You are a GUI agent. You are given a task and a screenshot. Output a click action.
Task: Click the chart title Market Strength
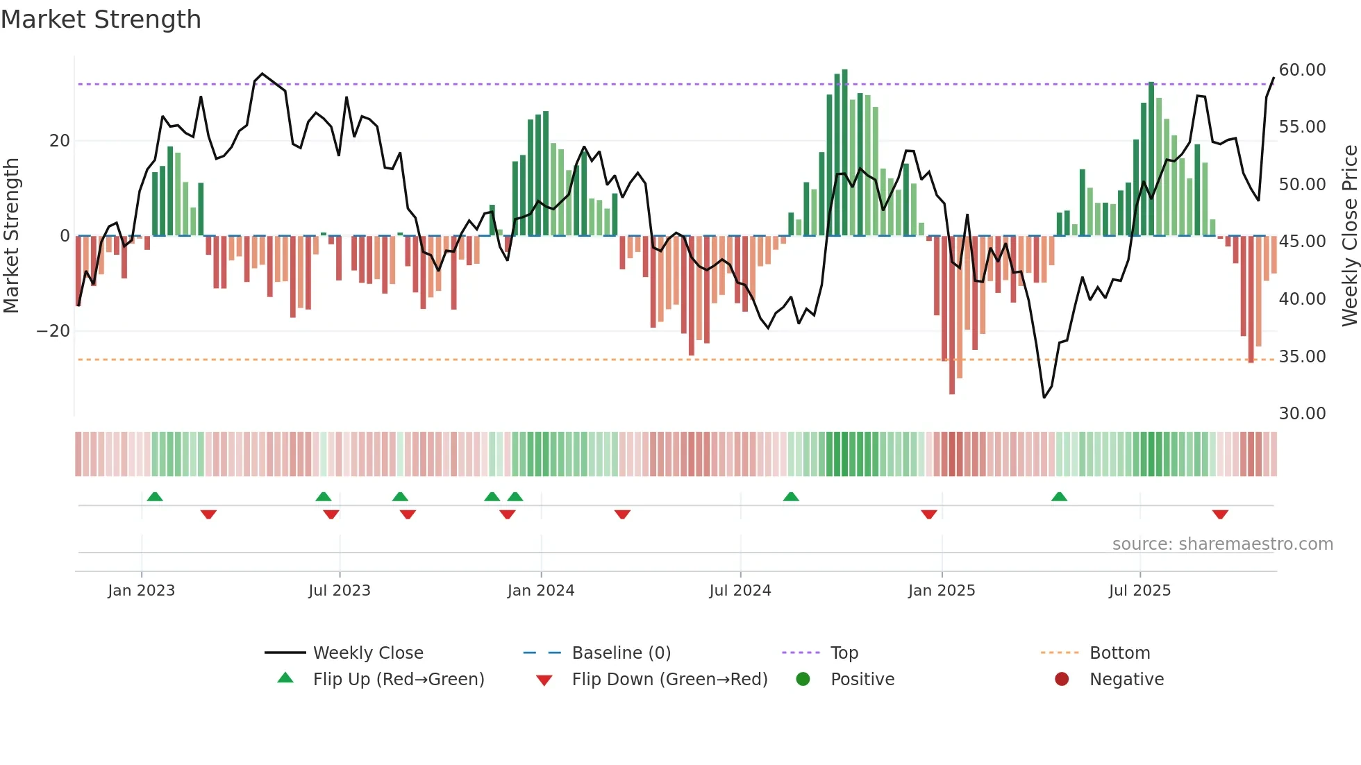101,19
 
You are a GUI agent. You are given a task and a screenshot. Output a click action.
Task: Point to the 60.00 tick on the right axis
1302,70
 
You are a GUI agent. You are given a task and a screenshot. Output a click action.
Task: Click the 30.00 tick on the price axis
1302,414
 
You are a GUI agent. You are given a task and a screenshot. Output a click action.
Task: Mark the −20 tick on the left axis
53,331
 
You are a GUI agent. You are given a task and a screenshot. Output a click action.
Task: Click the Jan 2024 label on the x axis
541,591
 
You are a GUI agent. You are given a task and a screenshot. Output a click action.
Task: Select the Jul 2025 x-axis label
1139,591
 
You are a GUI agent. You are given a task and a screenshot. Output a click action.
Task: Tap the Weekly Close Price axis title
1349,236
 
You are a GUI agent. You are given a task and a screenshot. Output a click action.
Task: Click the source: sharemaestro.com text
1222,544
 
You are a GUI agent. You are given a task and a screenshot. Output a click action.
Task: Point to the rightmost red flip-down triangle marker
1220,514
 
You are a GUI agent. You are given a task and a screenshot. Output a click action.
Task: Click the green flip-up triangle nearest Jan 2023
155,496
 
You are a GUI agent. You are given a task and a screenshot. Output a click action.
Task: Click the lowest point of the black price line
1044,397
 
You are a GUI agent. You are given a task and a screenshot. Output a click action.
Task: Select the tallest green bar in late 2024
844,153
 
